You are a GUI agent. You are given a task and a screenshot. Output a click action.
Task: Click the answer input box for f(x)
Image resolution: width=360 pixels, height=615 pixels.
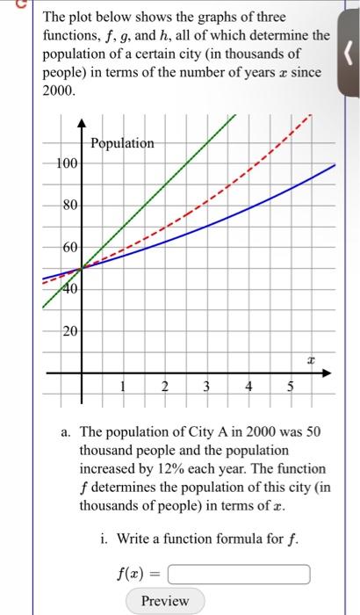pos(239,575)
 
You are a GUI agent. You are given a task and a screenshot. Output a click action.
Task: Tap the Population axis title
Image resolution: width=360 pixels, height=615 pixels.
pos(122,143)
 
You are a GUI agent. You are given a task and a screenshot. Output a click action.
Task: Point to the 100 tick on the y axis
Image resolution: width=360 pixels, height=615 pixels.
pos(66,164)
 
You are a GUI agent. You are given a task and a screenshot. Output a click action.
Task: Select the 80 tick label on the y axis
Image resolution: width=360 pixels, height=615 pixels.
pos(69,206)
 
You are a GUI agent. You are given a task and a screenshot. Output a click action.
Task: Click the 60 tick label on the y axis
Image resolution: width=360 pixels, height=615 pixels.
pos(69,247)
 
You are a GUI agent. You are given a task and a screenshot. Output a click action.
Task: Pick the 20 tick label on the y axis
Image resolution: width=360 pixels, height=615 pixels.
pos(69,331)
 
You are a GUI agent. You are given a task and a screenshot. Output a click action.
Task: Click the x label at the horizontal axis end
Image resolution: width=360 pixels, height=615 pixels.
pos(310,358)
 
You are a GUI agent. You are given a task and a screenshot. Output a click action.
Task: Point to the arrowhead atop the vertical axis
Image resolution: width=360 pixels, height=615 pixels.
pos(82,122)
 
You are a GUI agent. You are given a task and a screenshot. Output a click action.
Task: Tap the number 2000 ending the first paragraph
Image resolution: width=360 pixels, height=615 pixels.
pos(58,90)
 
